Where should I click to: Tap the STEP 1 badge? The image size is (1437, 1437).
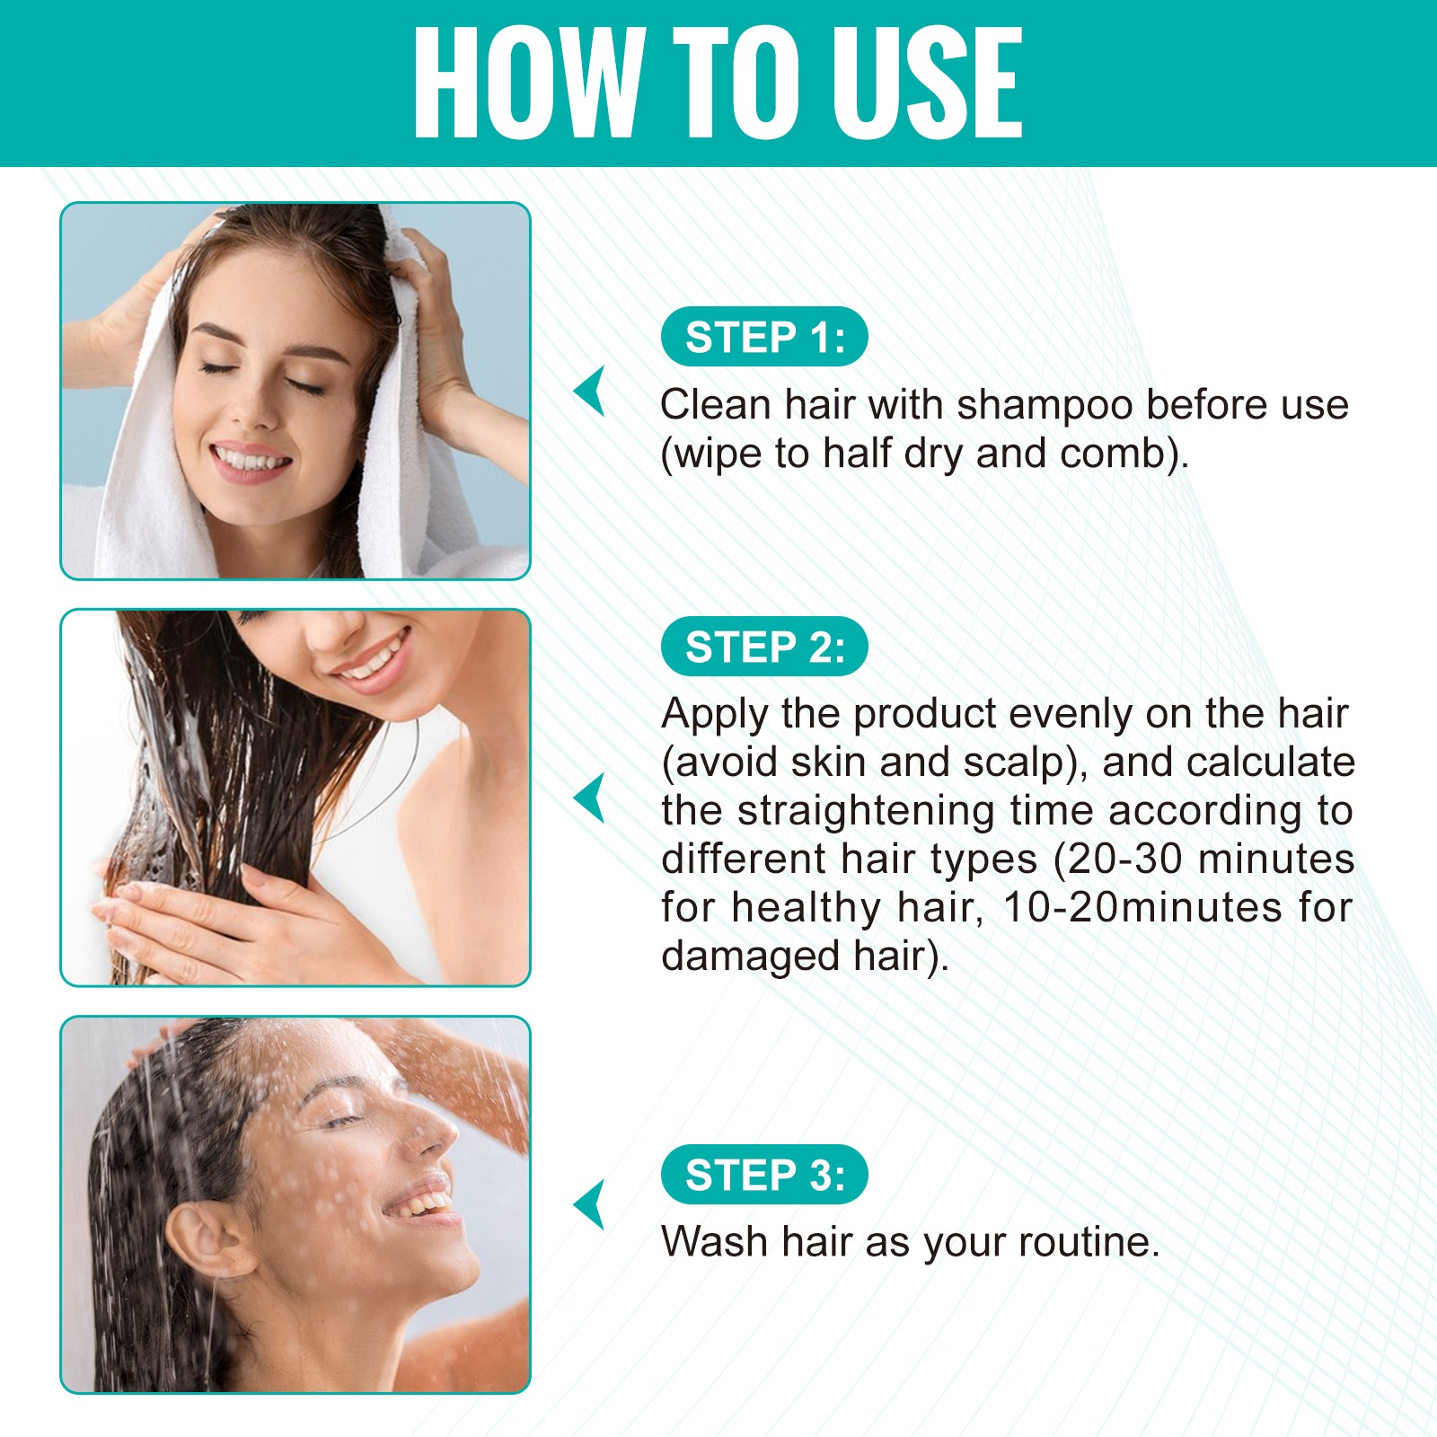tap(764, 337)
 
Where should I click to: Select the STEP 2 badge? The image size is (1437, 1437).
tap(764, 647)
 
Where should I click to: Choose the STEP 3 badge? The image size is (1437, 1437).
tap(764, 1175)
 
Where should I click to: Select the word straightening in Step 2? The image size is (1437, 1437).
tap(867, 812)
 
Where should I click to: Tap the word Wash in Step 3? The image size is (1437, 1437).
tap(715, 1242)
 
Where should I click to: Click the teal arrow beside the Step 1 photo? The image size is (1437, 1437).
tap(590, 391)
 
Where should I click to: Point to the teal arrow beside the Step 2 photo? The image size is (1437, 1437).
tap(590, 798)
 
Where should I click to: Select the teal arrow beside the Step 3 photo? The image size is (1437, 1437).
tap(590, 1204)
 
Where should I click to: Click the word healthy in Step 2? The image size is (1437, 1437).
tap(807, 909)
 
